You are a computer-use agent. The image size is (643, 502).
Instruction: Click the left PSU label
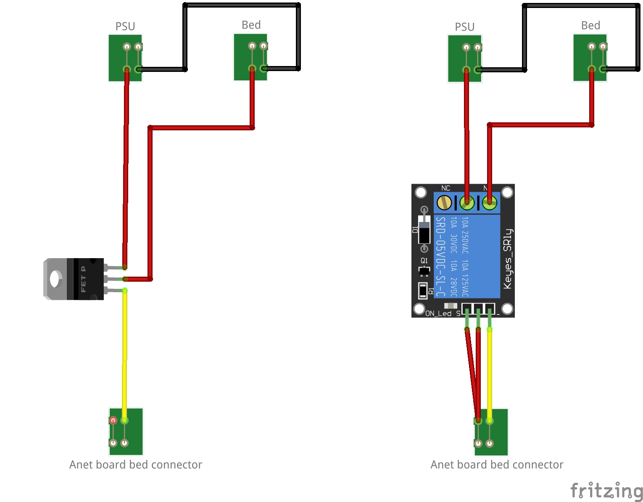[x=125, y=26]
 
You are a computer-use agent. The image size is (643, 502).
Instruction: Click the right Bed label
[x=590, y=26]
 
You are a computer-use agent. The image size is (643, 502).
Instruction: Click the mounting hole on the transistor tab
[x=55, y=279]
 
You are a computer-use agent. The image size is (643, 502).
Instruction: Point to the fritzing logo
[x=606, y=491]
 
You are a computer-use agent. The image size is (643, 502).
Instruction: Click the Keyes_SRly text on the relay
[x=508, y=259]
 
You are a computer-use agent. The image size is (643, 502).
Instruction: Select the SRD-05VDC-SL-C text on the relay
[x=440, y=256]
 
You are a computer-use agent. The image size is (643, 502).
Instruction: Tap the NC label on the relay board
[x=446, y=188]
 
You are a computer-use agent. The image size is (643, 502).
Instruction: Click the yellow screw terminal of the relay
[x=444, y=203]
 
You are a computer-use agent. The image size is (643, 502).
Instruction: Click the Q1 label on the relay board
[x=424, y=261]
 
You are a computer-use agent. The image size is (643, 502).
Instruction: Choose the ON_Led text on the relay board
[x=438, y=313]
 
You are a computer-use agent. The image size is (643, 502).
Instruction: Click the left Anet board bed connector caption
[x=136, y=465]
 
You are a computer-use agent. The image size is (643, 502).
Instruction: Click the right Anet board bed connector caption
[x=497, y=465]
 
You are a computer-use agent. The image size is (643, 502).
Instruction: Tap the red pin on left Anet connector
[x=113, y=420]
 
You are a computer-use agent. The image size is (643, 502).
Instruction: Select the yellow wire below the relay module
[x=490, y=374]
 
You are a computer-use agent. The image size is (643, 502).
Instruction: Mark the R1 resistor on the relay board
[x=423, y=290]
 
